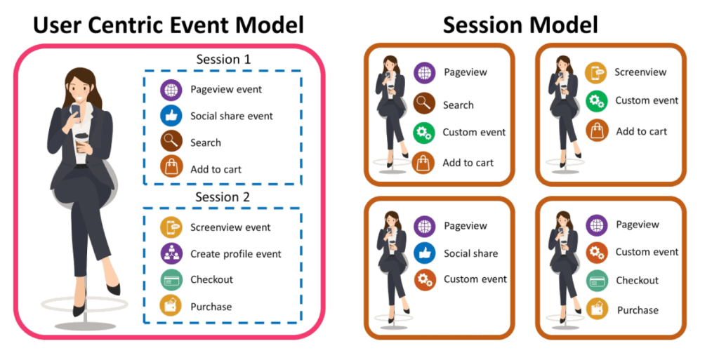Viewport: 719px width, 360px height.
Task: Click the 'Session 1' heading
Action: (223, 60)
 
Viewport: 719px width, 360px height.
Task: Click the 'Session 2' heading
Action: (223, 197)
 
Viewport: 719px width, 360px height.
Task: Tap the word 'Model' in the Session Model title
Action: (559, 25)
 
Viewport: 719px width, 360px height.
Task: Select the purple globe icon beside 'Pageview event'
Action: (171, 90)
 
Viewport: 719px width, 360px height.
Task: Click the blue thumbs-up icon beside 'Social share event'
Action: (171, 116)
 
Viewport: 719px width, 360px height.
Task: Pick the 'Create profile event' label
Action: (235, 254)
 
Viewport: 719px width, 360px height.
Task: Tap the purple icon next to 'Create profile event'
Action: (171, 254)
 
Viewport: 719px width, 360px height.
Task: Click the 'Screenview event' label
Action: (230, 227)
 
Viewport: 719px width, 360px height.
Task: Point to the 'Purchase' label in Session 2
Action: (211, 307)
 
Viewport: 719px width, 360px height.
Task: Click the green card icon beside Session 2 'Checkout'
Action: (171, 280)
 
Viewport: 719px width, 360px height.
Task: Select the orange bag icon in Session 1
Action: (171, 169)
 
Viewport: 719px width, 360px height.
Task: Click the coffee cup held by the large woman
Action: (82, 140)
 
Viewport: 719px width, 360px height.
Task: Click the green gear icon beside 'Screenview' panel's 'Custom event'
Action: (596, 101)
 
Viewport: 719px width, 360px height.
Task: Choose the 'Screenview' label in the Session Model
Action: (640, 72)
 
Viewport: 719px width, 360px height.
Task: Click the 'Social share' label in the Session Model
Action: (470, 253)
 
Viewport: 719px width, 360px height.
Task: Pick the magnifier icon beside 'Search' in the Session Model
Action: (424, 104)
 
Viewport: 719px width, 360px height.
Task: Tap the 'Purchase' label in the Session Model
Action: (638, 310)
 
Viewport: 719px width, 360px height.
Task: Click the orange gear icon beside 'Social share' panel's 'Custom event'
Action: (424, 279)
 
